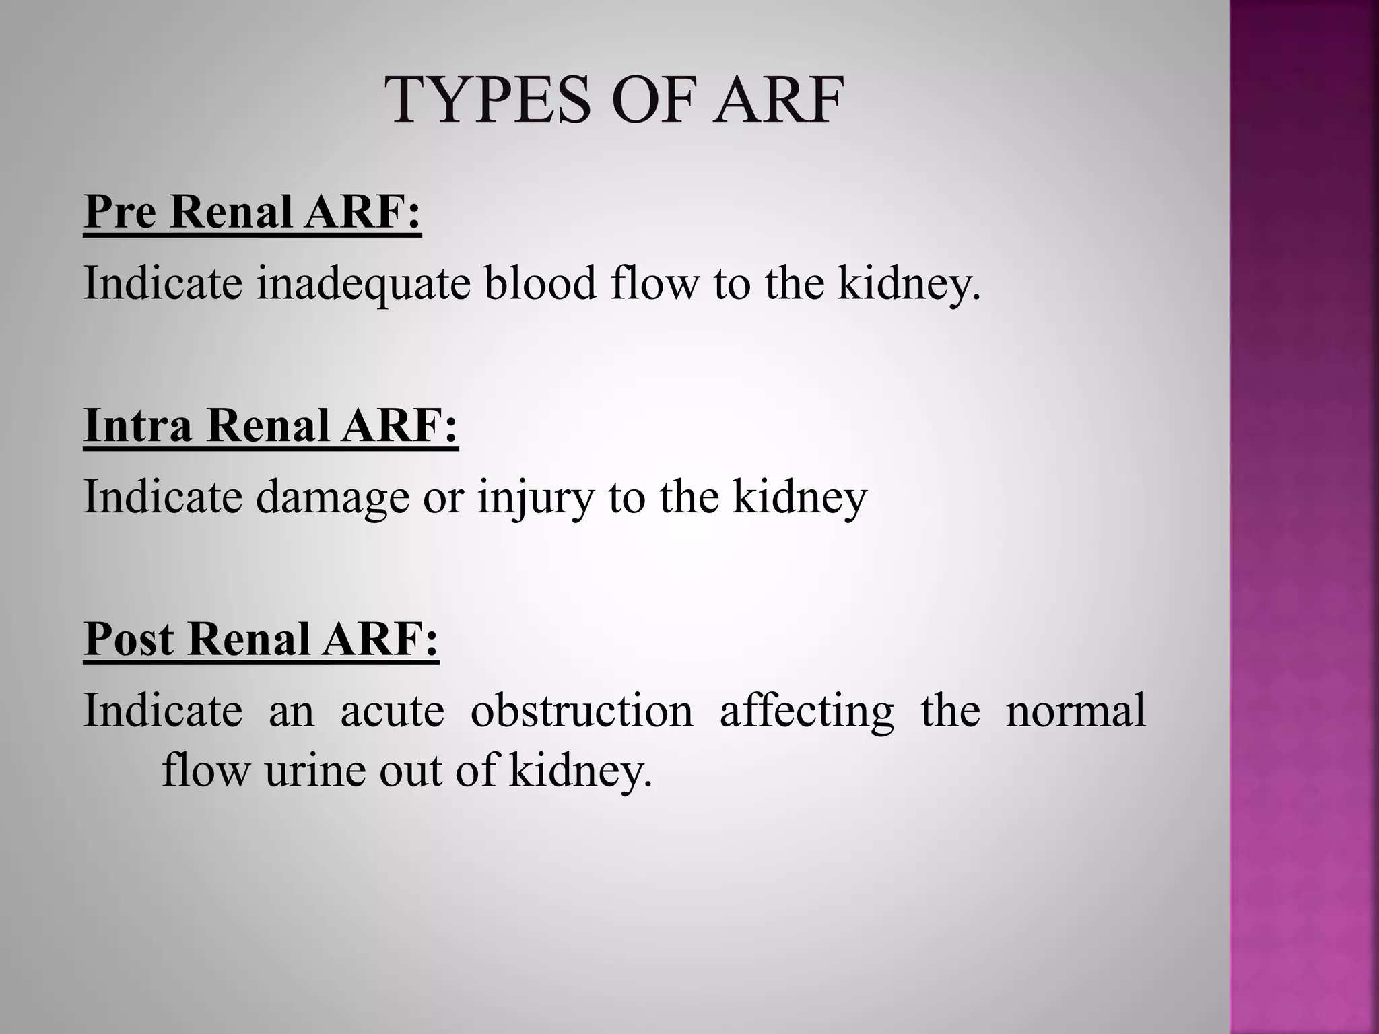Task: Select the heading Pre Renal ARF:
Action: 253,211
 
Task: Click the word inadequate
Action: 364,283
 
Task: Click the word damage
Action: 333,498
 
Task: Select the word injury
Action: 536,498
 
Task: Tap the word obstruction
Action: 582,711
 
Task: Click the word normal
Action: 1075,711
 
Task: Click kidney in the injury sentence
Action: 799,498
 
